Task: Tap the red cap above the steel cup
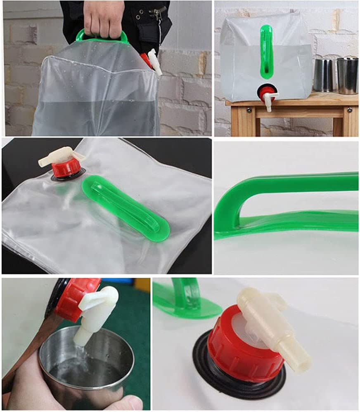coord(75,297)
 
